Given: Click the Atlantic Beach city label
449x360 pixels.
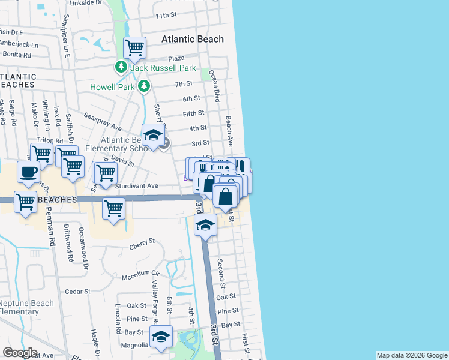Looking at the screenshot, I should pos(192,39).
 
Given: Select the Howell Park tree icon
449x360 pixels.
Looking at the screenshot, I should pos(144,87).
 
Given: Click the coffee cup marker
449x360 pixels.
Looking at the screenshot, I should pos(28,172).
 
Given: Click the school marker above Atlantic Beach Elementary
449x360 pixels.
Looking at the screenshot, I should pos(153,134).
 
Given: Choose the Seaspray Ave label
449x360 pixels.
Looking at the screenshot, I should pos(103,121).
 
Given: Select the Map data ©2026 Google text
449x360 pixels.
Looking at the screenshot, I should pos(411,355).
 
